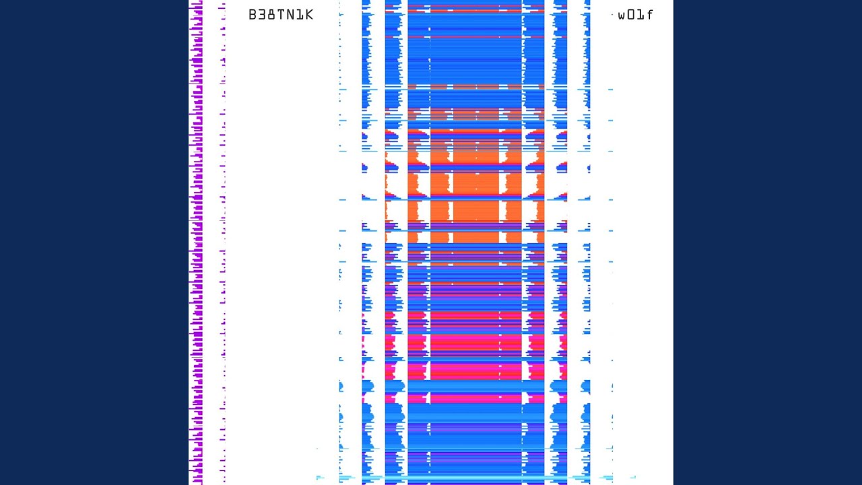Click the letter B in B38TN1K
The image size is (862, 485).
click(253, 15)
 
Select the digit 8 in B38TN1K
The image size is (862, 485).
click(271, 15)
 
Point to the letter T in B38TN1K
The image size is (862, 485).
click(281, 15)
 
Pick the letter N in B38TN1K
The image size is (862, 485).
click(290, 15)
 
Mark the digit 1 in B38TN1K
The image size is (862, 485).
click(300, 15)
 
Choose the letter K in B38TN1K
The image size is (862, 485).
click(309, 15)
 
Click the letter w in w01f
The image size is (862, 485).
click(622, 15)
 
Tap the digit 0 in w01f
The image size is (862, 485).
click(632, 15)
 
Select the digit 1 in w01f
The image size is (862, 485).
click(640, 15)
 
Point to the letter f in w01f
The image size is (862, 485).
click(649, 15)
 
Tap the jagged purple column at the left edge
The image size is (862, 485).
click(196, 243)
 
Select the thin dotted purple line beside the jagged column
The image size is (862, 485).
click(223, 243)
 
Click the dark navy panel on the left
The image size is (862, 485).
click(94, 243)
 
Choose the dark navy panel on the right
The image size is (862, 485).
click(768, 243)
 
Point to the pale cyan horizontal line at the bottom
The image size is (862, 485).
click(471, 478)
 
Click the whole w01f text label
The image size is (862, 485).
click(636, 15)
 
